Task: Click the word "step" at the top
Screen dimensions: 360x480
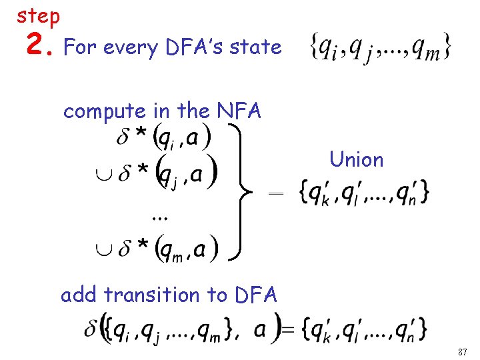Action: (x=38, y=16)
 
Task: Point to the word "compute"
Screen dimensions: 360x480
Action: (x=101, y=111)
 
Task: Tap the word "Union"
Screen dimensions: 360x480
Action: (x=356, y=159)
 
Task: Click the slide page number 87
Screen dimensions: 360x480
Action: (x=463, y=351)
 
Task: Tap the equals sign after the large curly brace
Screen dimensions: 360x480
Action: (x=275, y=193)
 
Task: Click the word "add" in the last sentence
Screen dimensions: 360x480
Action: (x=80, y=294)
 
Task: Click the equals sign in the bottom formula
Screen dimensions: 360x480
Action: (x=288, y=329)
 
